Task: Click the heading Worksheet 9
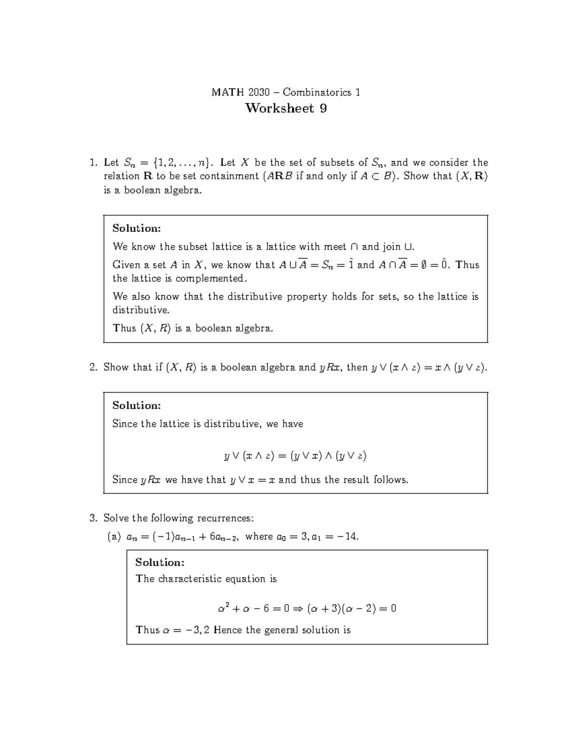(x=286, y=109)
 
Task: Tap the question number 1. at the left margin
(x=93, y=163)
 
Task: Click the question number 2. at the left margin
(x=93, y=367)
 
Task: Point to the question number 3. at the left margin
(x=93, y=518)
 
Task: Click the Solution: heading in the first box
(x=137, y=229)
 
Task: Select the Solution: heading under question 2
(x=137, y=406)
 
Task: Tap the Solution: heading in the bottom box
(x=160, y=563)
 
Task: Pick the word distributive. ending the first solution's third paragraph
(x=141, y=310)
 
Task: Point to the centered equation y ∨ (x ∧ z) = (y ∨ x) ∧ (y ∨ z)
(x=295, y=456)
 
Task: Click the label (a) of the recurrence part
(x=114, y=537)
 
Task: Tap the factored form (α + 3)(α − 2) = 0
(x=352, y=609)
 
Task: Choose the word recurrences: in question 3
(x=226, y=518)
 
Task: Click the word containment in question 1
(x=230, y=176)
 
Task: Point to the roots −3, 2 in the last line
(x=198, y=630)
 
